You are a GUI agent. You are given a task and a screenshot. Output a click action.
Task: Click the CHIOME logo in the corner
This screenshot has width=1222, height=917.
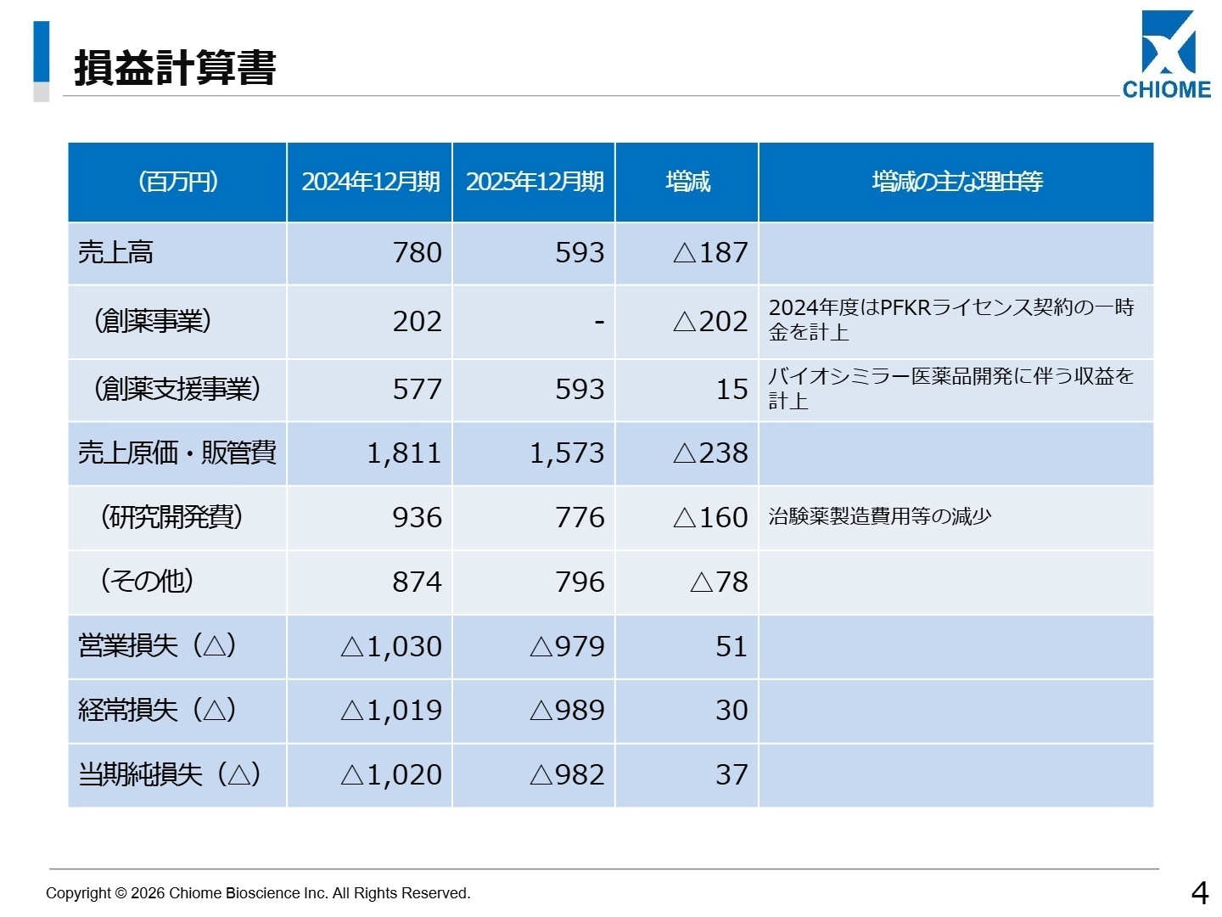[1167, 55]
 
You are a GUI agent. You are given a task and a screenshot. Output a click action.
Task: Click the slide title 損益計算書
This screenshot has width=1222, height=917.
[175, 68]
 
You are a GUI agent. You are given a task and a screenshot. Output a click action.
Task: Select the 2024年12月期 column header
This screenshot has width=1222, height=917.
[370, 182]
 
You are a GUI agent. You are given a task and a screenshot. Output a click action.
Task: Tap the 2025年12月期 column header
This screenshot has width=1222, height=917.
[535, 182]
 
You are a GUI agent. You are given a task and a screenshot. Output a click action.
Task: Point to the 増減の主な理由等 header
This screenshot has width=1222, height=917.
[956, 182]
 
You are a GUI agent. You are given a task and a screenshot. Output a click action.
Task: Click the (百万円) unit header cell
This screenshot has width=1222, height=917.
[177, 182]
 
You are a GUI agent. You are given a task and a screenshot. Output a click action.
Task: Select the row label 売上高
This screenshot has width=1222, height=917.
[115, 253]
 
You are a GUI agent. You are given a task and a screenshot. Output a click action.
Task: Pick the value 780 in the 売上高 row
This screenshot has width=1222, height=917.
[417, 253]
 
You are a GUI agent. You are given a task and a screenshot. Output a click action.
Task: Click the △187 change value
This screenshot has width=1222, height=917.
[710, 253]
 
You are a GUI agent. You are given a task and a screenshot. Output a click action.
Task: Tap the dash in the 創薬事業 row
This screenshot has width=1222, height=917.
[599, 322]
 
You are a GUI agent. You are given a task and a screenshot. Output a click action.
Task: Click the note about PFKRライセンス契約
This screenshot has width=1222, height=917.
[950, 319]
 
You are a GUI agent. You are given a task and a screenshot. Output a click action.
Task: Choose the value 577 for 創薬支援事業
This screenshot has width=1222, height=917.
[417, 390]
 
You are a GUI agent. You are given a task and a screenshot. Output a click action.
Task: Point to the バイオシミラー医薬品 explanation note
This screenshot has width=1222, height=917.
[950, 388]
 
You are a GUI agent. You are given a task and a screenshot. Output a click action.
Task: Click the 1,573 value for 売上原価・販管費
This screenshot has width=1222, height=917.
[567, 453]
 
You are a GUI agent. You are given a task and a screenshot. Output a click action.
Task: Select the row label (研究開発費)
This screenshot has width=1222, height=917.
[171, 517]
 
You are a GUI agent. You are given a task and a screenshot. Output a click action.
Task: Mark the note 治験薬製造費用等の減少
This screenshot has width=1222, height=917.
[879, 517]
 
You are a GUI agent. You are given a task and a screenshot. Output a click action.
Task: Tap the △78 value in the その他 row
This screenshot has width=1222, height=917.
[719, 582]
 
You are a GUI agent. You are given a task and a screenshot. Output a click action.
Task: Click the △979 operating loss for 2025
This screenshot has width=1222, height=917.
[567, 647]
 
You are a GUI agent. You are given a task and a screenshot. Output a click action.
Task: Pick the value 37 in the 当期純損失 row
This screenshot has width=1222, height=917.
[731, 775]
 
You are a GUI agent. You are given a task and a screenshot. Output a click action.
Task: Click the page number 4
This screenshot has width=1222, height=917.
[1199, 892]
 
